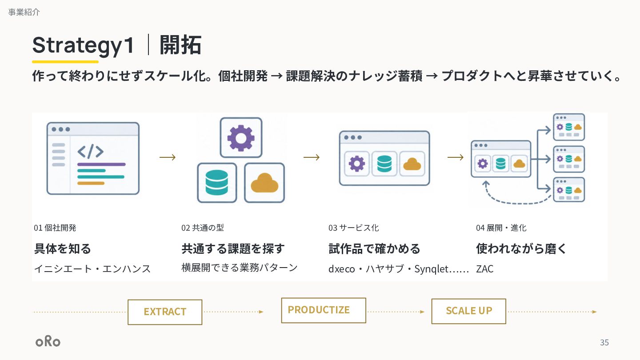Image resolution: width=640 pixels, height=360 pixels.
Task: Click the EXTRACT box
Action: click(165, 312)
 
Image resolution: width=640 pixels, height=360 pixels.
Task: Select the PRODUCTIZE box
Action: click(324, 310)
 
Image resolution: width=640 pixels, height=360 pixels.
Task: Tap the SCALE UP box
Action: click(468, 311)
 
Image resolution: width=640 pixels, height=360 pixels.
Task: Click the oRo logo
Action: click(48, 341)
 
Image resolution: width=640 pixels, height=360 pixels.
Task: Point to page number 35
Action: click(604, 342)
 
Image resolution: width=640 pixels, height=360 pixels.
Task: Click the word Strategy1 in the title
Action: click(83, 45)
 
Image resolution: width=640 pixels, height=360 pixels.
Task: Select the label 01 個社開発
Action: click(55, 228)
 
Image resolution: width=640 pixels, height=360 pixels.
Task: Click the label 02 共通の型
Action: click(203, 228)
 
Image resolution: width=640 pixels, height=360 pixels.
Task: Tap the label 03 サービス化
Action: click(354, 228)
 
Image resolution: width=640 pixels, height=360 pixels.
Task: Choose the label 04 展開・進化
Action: click(501, 228)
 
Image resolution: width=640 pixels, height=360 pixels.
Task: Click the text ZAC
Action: click(484, 269)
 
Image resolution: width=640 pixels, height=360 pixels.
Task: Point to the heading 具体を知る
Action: click(63, 248)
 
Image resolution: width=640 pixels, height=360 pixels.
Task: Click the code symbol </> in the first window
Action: click(90, 152)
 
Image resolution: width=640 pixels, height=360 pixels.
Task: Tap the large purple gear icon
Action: click(241, 138)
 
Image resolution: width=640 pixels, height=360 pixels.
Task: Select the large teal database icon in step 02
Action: click(217, 183)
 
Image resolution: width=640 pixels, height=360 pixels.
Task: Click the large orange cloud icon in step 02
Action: click(264, 183)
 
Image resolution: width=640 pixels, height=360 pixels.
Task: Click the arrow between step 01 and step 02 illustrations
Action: click(168, 157)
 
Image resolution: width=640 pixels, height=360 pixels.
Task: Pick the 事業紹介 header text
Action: click(24, 12)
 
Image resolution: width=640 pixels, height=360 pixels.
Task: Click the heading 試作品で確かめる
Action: click(374, 248)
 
